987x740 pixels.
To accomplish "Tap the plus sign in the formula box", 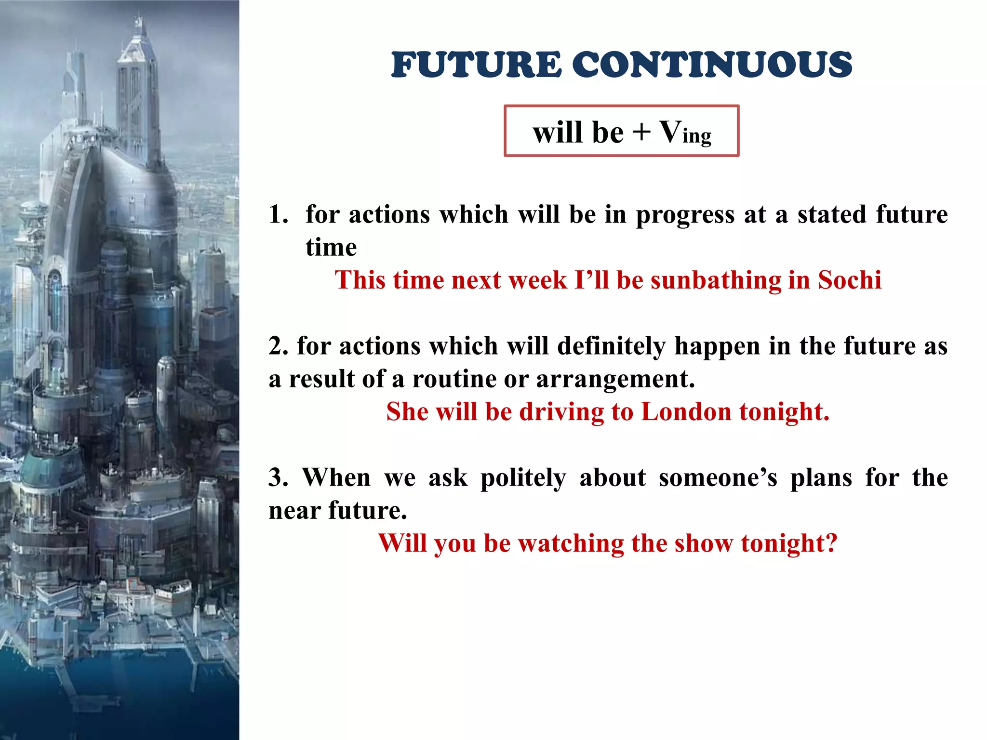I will coord(641,131).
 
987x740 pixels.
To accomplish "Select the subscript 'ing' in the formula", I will coord(697,136).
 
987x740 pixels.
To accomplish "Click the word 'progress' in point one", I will coord(685,215).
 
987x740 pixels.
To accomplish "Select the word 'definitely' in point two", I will coord(611,346).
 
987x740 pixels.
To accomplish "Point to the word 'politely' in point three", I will coord(523,478).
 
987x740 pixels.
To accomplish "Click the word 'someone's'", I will coord(718,478).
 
